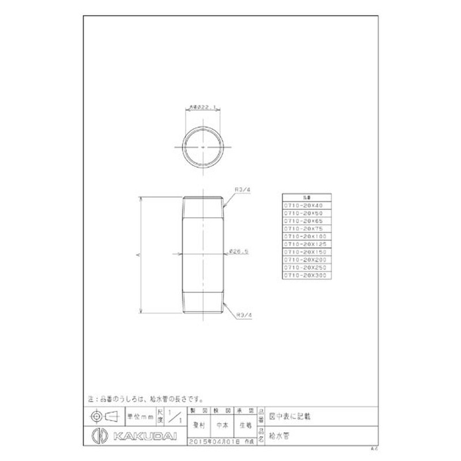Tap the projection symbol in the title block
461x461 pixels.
[104, 416]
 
